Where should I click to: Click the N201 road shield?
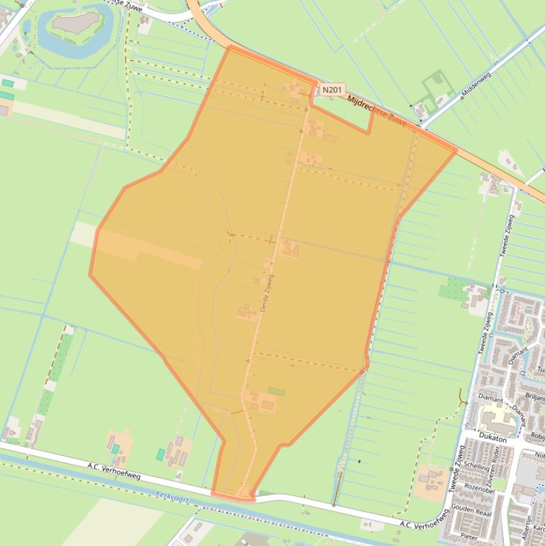332,90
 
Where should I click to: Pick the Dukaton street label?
493,439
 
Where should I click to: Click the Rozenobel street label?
479,489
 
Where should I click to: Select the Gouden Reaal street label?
472,511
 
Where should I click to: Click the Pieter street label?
468,537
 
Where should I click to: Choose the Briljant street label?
535,398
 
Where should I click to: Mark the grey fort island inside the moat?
73,23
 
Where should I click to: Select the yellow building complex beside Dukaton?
497,418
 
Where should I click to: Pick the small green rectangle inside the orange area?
276,391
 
